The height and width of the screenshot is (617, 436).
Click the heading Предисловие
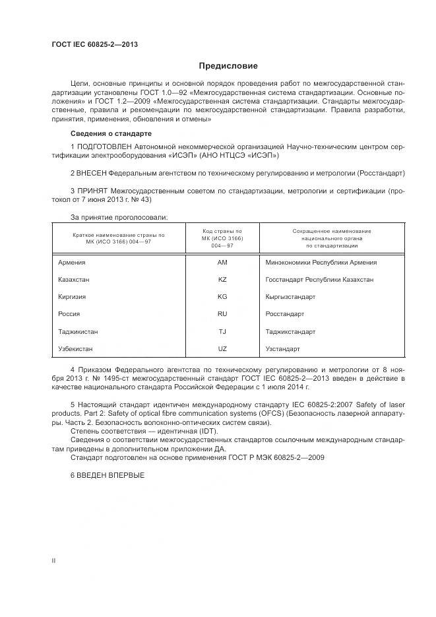point(229,66)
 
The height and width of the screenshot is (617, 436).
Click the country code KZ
point(222,279)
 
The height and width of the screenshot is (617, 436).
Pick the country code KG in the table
point(222,296)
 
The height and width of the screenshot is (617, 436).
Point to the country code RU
point(222,313)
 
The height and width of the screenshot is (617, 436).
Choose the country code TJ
point(222,331)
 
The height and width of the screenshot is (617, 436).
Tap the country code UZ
point(222,348)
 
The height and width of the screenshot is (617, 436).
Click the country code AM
point(222,262)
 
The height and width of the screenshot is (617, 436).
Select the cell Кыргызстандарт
point(290,296)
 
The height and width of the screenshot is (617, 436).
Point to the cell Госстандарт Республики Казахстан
point(319,279)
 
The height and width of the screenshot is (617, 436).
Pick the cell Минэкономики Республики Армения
point(321,262)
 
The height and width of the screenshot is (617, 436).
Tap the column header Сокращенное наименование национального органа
point(331,238)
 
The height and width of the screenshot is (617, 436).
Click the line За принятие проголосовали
point(119,216)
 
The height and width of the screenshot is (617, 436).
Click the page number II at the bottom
point(53,560)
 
